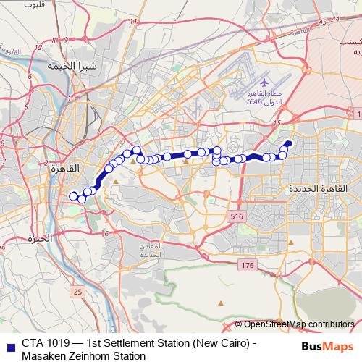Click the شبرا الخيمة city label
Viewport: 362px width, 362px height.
click(72, 65)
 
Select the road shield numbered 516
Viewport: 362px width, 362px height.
click(235, 216)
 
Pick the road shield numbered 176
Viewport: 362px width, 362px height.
click(248, 266)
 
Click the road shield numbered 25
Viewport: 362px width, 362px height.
click(77, 292)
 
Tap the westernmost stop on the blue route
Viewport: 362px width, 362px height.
click(72, 195)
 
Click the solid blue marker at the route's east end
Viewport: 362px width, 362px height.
click(287, 143)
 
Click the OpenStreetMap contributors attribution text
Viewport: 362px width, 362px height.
click(299, 324)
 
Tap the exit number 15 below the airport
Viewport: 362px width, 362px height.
click(277, 124)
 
